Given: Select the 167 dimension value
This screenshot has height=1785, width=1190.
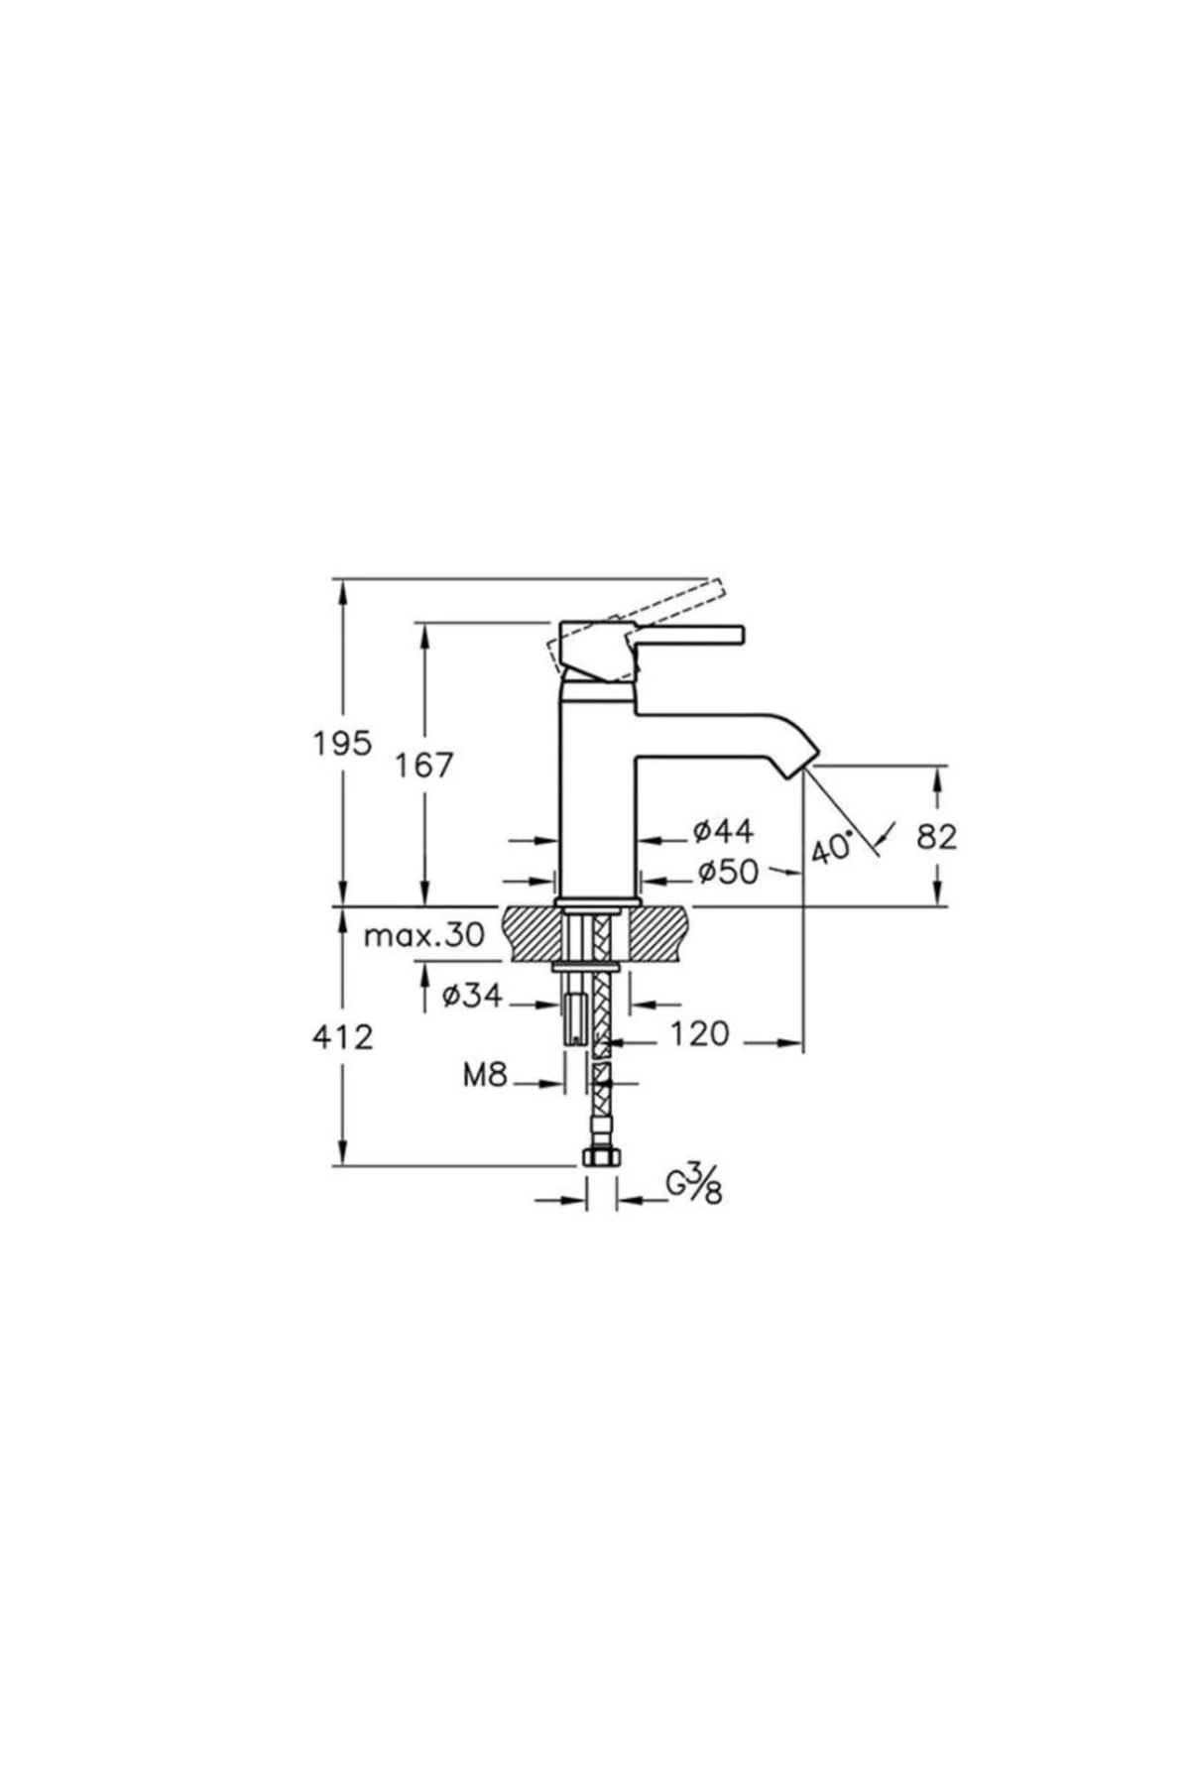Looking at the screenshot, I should (423, 765).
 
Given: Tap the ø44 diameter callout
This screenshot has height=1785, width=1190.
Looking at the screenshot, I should (723, 831).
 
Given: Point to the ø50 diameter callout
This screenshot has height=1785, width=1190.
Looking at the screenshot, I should (727, 872).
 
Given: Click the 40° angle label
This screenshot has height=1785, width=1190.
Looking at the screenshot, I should (832, 848).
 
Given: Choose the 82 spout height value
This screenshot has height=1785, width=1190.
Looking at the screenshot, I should (936, 837).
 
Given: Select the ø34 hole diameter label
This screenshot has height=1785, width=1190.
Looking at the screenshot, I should (472, 996).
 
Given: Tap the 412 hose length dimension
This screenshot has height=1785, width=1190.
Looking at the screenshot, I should (343, 1037).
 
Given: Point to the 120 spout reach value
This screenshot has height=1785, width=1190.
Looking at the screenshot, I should (699, 1034).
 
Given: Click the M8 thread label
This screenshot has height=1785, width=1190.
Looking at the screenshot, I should (485, 1075).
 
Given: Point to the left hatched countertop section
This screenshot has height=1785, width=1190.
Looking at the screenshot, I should (532, 932).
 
